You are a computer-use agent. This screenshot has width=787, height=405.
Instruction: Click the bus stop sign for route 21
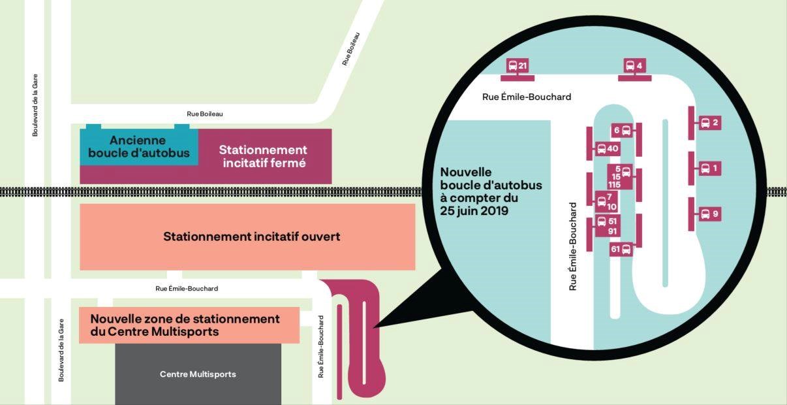coord(517,66)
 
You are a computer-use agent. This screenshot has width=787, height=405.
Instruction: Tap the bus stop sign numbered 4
coord(634,66)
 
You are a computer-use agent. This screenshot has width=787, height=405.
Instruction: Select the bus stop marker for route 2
coord(710,123)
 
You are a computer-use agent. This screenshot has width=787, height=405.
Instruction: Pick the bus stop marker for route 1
coord(710,169)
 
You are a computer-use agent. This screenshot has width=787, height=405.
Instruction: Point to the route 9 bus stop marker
coord(710,214)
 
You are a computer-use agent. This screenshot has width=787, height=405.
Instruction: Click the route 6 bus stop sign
coord(622,131)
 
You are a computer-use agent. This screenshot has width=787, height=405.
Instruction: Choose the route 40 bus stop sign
coord(608,149)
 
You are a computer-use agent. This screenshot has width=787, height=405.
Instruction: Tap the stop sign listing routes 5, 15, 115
coord(620,177)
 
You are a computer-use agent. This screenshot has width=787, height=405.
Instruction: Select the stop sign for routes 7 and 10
coord(606,202)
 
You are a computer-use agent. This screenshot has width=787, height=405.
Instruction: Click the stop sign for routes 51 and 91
coord(608,226)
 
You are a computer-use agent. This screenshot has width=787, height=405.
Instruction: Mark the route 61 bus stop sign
coord(621,250)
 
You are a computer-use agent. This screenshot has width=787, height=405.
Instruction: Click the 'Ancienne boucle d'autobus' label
coord(139,146)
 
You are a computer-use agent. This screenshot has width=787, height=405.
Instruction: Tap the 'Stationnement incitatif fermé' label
coord(263,156)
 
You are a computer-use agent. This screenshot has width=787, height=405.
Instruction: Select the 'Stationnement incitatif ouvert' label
coord(251,236)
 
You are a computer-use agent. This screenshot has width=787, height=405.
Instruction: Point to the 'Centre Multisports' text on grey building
coord(198,374)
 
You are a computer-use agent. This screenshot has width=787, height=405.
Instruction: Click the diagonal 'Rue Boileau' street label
coord(351,49)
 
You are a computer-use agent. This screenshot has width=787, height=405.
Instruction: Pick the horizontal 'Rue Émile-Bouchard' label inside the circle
coord(527,97)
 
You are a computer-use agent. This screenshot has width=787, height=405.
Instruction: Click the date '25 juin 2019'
coord(474,211)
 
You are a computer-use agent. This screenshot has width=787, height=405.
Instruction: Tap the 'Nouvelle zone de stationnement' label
coord(185,319)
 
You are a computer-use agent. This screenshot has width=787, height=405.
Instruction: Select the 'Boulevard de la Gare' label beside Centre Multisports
coord(61,350)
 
